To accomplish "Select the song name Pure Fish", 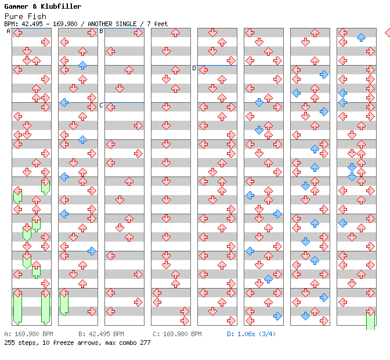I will coord(25,16).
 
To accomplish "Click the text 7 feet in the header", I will coord(158,24).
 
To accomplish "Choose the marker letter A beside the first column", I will coord(9,31).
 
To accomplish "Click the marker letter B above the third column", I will coord(102,31).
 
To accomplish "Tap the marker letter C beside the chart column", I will coord(102,105).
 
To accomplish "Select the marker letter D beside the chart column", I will coord(194,68).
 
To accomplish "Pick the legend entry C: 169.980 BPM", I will coord(177,334).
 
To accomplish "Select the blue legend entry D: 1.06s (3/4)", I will coord(251,334).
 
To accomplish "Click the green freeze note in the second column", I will coord(64,303).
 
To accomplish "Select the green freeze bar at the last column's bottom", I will coord(370,320).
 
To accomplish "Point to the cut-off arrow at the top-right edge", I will coord(387,33).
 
